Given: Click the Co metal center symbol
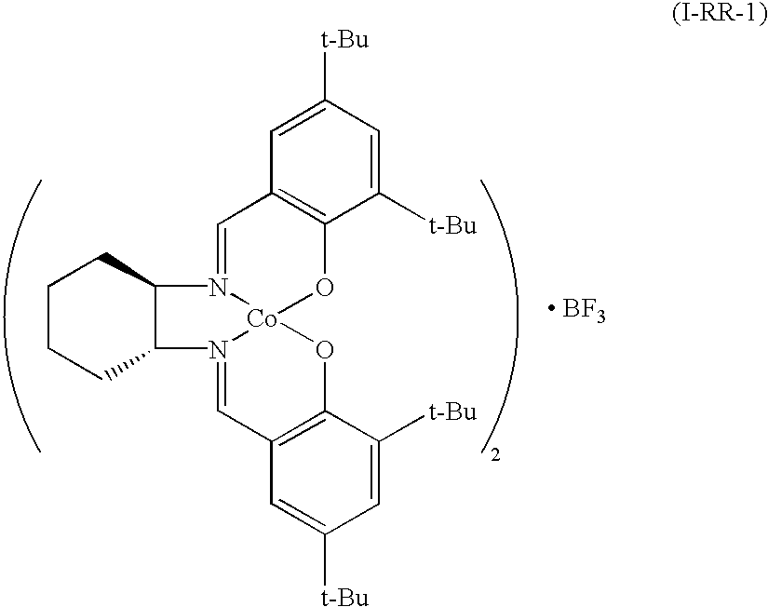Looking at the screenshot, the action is point(263,319).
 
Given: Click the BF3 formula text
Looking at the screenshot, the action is point(584,311).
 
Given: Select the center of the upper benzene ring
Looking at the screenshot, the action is point(323,162).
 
